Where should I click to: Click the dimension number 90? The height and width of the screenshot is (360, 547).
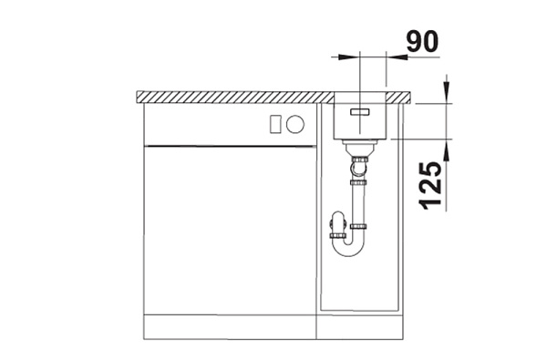click(422, 42)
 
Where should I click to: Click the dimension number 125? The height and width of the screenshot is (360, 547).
click(429, 186)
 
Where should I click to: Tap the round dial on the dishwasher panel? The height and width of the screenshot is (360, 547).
click(295, 124)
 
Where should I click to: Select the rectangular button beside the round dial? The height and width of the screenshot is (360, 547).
click(275, 124)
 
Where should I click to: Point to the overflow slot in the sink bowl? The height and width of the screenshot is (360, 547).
click(360, 111)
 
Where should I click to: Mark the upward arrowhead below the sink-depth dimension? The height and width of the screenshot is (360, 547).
click(447, 150)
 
